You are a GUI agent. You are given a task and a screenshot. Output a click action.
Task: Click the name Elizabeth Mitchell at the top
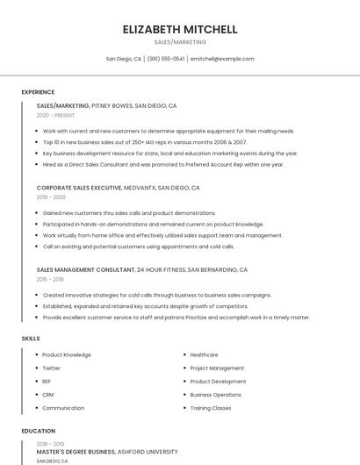pos(180,29)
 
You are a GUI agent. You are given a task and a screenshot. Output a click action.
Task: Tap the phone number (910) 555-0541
pos(166,59)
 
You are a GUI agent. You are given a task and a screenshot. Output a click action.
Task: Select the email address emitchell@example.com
pos(222,59)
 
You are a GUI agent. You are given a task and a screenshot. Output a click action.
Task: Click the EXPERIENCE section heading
pos(38,92)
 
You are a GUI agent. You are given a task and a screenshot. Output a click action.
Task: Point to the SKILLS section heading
pos(31,338)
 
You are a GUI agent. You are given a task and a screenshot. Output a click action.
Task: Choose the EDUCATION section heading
pos(38,431)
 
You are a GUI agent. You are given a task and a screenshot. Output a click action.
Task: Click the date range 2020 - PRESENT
pos(55,115)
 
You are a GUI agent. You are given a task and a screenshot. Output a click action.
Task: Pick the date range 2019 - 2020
pos(51,197)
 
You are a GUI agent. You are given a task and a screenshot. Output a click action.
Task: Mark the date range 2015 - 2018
pos(50,279)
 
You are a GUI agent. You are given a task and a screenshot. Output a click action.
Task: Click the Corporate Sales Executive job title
pos(78,188)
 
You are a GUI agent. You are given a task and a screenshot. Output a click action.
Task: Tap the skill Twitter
pos(52,368)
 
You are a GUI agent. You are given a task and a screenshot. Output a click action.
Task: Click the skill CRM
pos(48,395)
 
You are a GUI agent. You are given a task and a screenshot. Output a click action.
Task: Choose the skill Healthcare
pos(204,355)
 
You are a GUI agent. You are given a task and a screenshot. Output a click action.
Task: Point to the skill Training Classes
pos(211,408)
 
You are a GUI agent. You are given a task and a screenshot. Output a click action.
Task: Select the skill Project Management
pos(217,368)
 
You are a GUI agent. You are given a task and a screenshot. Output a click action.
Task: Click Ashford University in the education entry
pos(149,451)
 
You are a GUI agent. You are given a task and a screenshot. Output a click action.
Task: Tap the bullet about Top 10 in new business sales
pos(145,141)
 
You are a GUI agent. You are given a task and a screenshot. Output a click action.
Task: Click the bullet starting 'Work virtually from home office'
pos(162,235)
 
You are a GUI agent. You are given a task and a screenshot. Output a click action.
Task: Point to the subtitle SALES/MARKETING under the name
pos(180,42)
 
